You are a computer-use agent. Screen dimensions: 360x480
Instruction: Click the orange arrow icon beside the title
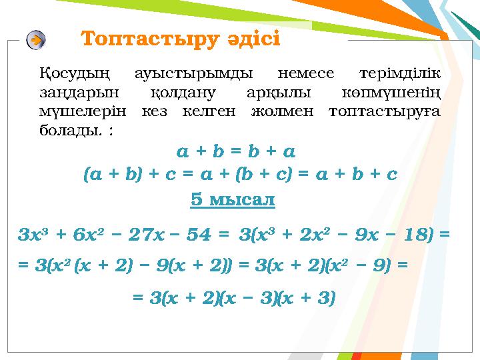click(x=36, y=40)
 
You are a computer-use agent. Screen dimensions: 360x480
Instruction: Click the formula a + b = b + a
click(x=237, y=151)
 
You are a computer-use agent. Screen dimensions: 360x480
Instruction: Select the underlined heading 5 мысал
click(x=233, y=199)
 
